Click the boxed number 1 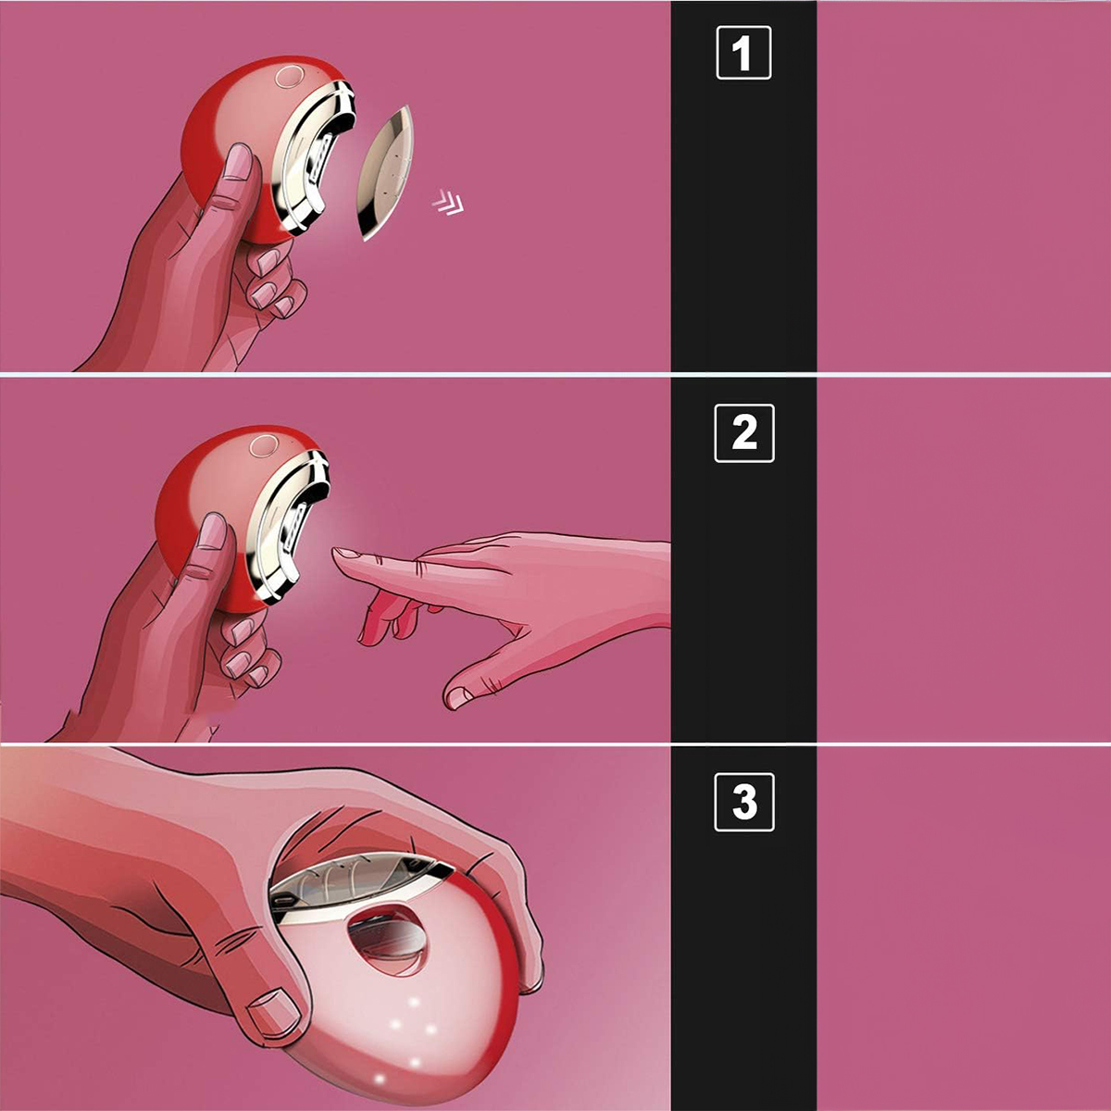tap(743, 53)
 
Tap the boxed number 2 tap(743, 433)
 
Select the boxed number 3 tap(743, 802)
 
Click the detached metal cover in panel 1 tap(385, 173)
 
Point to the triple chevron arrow tap(448, 202)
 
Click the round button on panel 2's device tap(264, 446)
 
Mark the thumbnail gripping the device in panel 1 tap(238, 163)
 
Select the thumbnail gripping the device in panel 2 tap(212, 531)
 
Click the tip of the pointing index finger tap(335, 554)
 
